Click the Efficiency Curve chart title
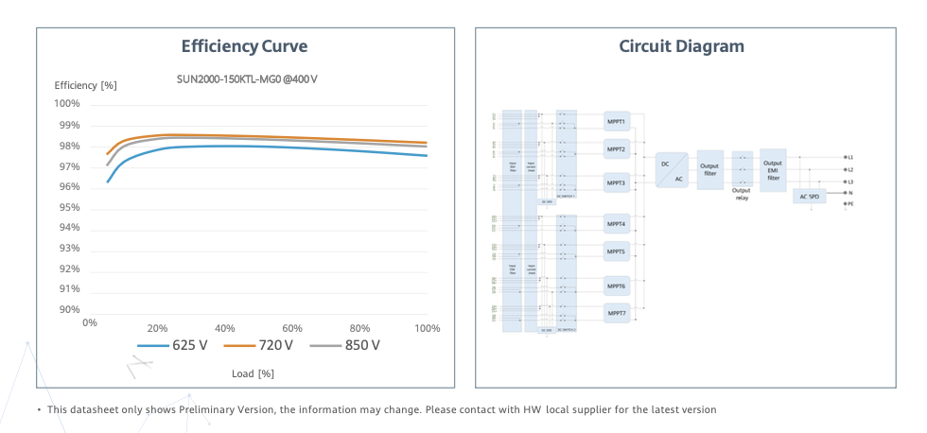244,46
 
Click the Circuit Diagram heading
681,46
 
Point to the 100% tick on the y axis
66,104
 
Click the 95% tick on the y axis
67,207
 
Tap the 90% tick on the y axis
67,310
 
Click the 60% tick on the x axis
292,327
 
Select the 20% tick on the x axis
158,327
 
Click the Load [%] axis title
253,373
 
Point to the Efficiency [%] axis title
86,85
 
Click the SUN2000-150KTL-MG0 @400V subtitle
247,78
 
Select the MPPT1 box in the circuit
617,122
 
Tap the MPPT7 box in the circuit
617,313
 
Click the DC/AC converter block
672,170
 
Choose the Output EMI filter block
773,170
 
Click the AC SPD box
809,197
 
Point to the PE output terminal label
849,203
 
